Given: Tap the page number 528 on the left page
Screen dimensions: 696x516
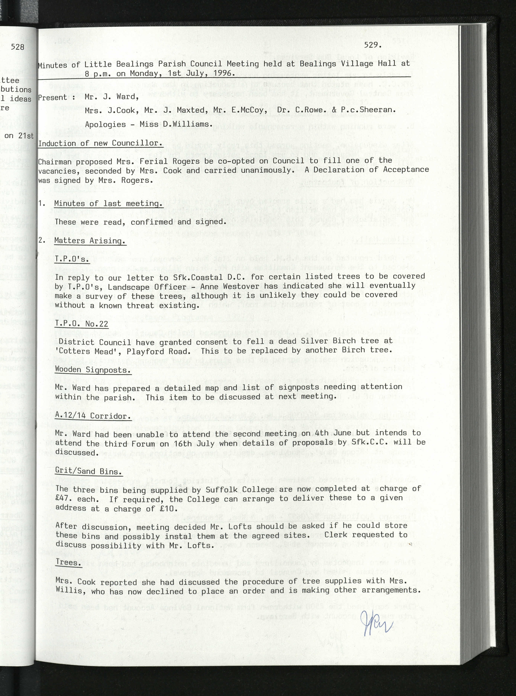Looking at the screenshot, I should pyautogui.click(x=17, y=47).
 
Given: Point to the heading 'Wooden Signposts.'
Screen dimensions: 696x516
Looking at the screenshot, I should pyautogui.click(x=93, y=370).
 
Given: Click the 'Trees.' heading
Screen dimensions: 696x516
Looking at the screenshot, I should pyautogui.click(x=69, y=562).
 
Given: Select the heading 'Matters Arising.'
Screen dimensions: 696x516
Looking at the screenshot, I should pyautogui.click(x=90, y=241).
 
